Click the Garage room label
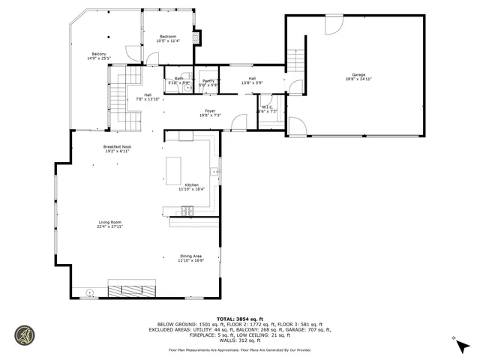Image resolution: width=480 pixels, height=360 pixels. click(359, 75)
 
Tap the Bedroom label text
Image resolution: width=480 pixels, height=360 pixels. click(168, 37)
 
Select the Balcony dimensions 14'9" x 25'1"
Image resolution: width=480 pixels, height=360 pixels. click(99, 58)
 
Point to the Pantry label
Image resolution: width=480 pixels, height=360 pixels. click(208, 80)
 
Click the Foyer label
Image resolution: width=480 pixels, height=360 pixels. click(210, 111)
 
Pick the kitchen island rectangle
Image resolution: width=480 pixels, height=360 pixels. click(175, 170)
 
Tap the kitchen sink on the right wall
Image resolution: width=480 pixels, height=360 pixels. click(215, 172)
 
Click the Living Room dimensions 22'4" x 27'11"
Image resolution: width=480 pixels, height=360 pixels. click(110, 226)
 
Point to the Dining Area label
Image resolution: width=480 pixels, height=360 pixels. click(190, 256)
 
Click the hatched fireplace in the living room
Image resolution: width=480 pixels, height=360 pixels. click(131, 291)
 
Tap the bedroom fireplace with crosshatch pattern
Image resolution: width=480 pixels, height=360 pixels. click(197, 37)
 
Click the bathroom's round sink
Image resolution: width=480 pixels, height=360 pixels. click(187, 87)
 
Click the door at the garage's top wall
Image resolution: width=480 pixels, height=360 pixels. click(333, 24)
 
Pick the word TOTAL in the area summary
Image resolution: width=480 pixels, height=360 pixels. click(226, 319)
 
